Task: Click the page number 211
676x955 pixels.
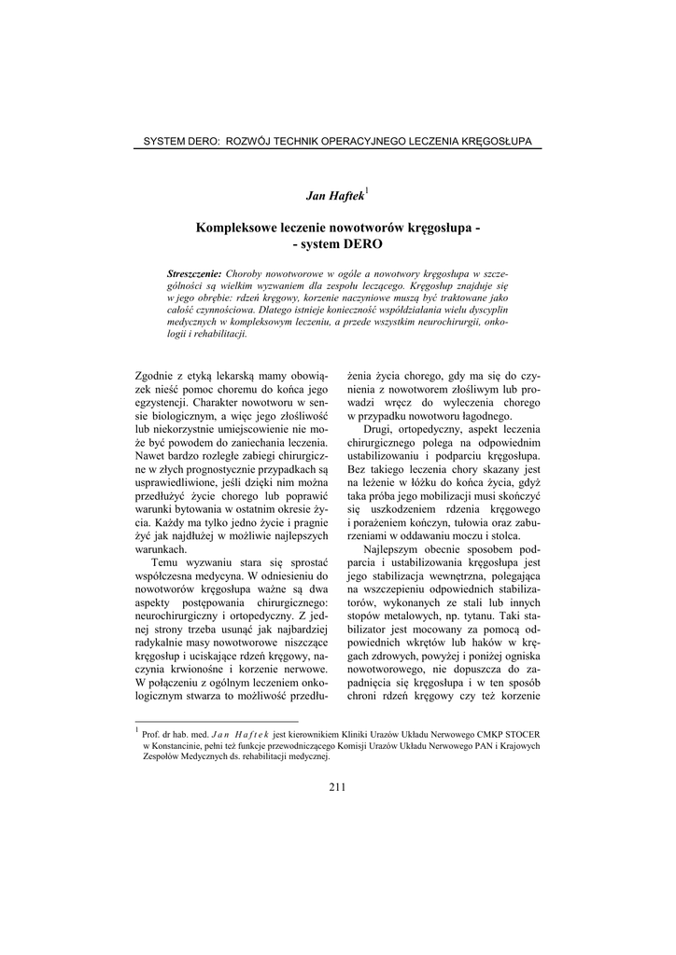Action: pos(338,787)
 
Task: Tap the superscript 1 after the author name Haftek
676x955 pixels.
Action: pos(367,190)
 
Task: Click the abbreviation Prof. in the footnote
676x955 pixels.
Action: pos(152,734)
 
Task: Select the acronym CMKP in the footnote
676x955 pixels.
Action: pos(482,734)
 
